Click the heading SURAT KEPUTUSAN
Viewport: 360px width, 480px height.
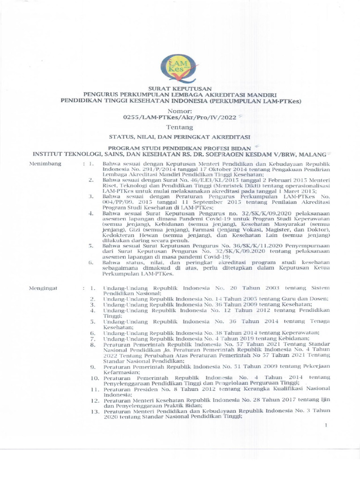click(x=180, y=88)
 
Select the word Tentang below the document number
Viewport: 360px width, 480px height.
click(x=180, y=127)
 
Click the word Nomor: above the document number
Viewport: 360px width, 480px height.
click(x=180, y=111)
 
